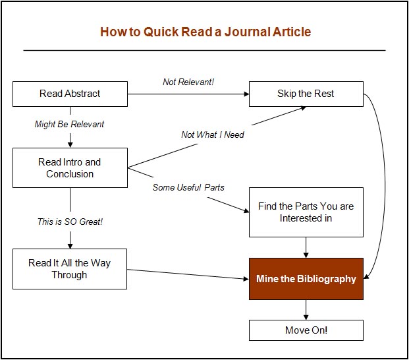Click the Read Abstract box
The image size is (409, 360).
point(70,94)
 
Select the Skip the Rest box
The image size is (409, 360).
point(306,94)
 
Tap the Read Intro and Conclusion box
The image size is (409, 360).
point(70,167)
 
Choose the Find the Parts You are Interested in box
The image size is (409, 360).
point(306,212)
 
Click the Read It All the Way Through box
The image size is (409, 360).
point(70,268)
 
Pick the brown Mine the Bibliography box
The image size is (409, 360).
point(306,278)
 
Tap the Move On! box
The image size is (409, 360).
point(306,330)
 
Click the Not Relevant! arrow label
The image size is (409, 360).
point(188,82)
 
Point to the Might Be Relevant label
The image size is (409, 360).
point(69,124)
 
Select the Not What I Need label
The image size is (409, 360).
point(213,135)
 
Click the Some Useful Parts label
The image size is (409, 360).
point(188,187)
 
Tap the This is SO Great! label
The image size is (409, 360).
point(70,222)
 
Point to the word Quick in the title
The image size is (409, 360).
point(161,32)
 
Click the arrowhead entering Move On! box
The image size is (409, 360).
point(306,317)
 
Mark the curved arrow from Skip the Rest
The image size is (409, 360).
point(385,183)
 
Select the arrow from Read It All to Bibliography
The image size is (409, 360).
point(188,274)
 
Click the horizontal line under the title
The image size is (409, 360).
point(204,50)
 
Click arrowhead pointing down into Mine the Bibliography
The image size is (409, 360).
point(306,255)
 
